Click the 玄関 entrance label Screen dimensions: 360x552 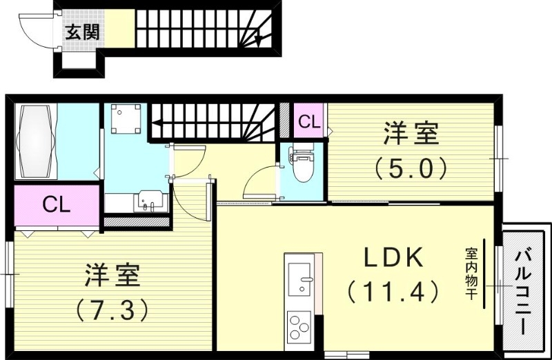click(81, 31)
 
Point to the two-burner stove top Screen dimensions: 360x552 click(299, 328)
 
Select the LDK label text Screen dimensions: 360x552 click(393, 259)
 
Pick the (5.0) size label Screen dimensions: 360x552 click(411, 167)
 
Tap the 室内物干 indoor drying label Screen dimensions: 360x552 click(471, 274)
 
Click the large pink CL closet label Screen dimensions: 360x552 click(57, 204)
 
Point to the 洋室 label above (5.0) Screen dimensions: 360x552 click(411, 133)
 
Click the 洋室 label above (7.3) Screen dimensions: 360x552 click(113, 276)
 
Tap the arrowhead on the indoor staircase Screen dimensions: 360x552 click(155, 124)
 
